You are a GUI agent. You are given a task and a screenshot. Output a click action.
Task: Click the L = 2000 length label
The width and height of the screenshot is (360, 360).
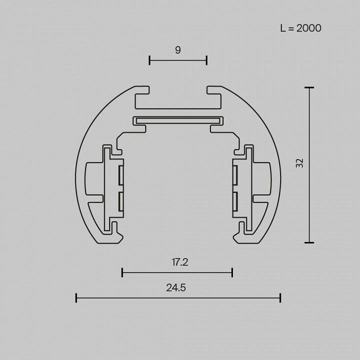[300, 28]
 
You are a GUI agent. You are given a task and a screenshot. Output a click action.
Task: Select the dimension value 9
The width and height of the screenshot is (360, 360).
[178, 49]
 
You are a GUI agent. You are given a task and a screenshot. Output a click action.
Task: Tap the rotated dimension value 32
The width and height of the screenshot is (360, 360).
[299, 162]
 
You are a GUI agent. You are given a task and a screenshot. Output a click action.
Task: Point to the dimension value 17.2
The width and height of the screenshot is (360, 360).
[178, 261]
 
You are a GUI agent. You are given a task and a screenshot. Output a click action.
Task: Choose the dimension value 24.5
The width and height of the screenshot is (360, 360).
[178, 287]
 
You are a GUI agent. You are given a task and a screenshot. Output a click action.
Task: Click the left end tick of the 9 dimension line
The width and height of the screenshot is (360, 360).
[150, 60]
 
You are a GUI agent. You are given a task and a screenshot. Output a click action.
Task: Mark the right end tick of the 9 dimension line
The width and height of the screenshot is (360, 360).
[206, 60]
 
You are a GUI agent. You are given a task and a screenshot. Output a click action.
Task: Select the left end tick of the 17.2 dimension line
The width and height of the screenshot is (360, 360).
[122, 272]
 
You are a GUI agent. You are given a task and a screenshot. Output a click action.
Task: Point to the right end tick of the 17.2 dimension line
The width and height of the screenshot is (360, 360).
[232, 272]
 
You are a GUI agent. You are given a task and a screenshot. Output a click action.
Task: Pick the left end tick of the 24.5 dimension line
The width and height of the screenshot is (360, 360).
[76, 298]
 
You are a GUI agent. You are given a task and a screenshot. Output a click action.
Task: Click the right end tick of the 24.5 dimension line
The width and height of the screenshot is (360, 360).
[280, 298]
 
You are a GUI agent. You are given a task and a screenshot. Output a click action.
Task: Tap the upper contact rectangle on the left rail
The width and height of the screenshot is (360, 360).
[121, 175]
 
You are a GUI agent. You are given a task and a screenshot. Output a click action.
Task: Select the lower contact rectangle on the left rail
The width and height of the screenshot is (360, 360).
[121, 201]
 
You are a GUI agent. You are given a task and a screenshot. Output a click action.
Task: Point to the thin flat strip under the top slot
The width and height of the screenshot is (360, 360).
[178, 120]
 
